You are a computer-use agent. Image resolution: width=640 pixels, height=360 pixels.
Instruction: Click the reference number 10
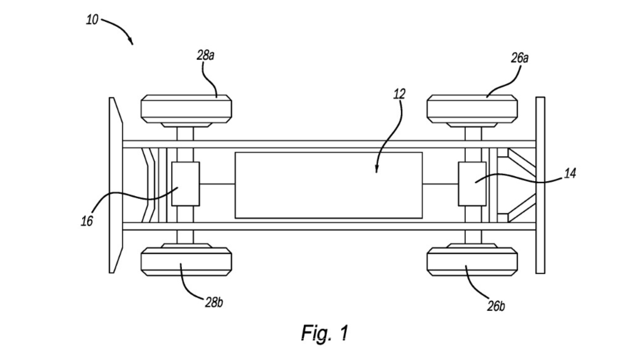click(x=92, y=20)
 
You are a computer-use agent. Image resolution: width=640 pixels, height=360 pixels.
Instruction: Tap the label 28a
click(x=205, y=55)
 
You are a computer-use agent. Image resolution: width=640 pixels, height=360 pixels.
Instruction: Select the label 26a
click(x=520, y=58)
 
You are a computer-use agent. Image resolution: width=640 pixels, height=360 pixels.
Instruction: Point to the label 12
click(x=399, y=94)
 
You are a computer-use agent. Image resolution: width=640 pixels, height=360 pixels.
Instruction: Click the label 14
click(x=570, y=173)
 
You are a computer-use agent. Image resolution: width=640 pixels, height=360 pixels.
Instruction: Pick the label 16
click(x=87, y=221)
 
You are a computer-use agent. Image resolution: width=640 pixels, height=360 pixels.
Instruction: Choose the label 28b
click(x=214, y=302)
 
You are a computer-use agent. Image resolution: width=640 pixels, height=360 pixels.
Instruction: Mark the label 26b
click(x=496, y=306)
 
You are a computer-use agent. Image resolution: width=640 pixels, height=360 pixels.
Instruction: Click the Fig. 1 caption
click(x=325, y=333)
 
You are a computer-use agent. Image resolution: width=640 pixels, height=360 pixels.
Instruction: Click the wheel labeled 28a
click(x=186, y=109)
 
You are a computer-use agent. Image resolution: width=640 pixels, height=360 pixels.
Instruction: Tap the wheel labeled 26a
click(x=472, y=109)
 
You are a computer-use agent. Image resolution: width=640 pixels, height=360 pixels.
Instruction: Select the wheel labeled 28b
click(x=186, y=262)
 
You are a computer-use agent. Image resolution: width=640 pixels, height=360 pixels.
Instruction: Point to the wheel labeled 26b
click(x=472, y=262)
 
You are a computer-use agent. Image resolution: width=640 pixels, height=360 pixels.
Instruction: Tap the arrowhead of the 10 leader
click(x=132, y=43)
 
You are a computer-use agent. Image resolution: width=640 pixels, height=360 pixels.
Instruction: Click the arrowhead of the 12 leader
click(x=376, y=171)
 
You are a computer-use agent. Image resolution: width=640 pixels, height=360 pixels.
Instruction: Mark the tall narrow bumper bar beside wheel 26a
click(x=540, y=185)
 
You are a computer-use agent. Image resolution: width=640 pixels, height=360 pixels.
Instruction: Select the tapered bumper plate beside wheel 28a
click(x=115, y=185)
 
